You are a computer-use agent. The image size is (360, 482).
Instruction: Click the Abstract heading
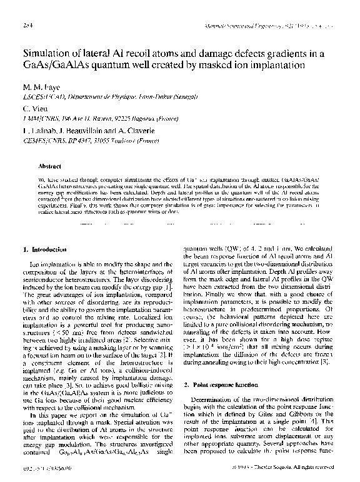(x=49, y=167)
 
